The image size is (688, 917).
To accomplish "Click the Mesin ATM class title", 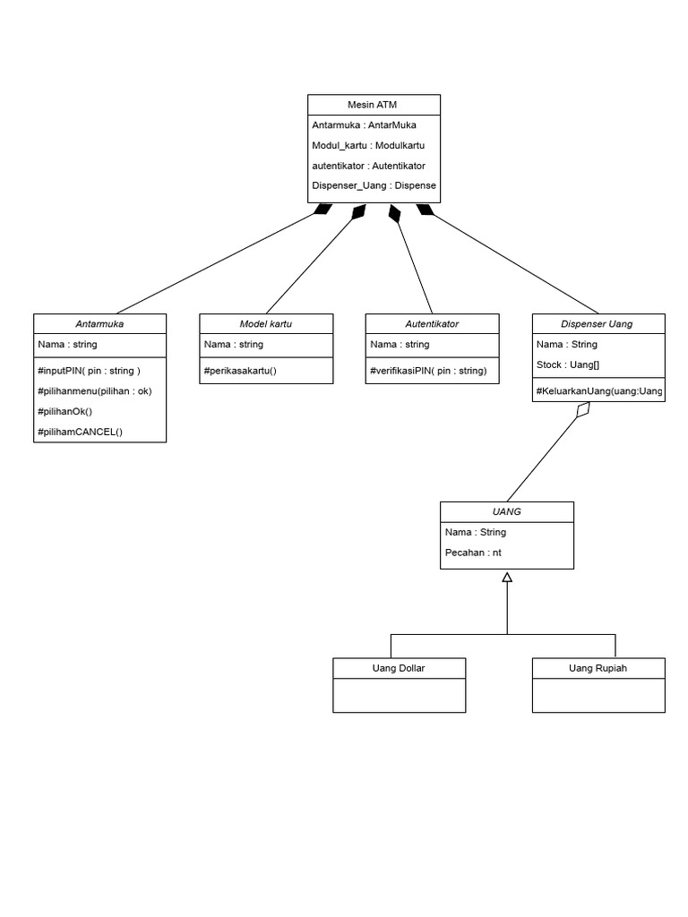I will [374, 105].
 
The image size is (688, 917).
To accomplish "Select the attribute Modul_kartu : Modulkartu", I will [368, 145].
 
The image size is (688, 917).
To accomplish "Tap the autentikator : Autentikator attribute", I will [368, 166].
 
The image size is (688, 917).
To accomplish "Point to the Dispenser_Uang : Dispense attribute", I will [374, 186].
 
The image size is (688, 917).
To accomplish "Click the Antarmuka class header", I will [99, 324].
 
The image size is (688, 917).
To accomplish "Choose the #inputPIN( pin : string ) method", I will [89, 370].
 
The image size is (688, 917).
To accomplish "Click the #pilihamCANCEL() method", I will [81, 432].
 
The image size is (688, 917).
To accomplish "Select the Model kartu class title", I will [265, 324].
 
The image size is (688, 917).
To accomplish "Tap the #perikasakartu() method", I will [241, 370].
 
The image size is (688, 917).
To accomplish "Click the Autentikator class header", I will [432, 324].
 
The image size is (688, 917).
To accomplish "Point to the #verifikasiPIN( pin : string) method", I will [428, 370].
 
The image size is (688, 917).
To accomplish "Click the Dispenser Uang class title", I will [598, 324].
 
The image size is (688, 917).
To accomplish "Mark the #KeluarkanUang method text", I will [598, 390].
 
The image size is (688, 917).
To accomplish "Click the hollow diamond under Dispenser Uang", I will [584, 410].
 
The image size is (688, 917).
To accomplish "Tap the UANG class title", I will [507, 512].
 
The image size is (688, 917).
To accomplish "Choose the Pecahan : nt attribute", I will [473, 553].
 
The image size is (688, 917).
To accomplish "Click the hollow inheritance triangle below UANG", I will [507, 578].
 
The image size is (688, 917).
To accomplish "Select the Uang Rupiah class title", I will [598, 668].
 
